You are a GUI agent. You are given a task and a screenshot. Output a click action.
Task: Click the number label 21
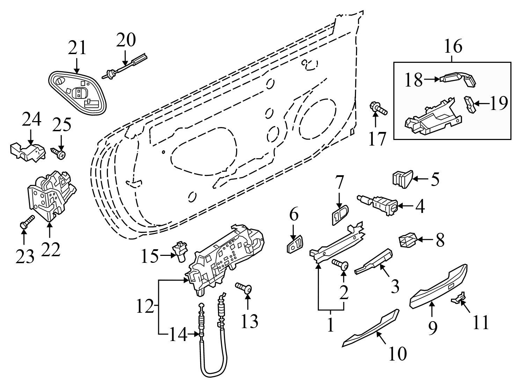tap(77, 48)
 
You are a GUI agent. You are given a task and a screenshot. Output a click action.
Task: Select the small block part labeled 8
tap(406, 240)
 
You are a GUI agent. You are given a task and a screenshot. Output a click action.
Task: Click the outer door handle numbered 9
tap(438, 286)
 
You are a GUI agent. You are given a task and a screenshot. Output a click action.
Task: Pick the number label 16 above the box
tap(453, 47)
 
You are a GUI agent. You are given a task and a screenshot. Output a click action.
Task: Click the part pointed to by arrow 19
tap(470, 104)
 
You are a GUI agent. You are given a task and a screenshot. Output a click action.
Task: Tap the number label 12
tap(145, 307)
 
